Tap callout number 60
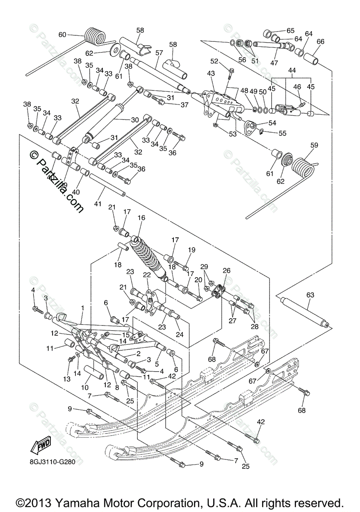62,35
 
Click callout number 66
320,42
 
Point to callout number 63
310,295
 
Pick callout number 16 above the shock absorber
141,218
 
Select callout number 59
314,145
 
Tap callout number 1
82,307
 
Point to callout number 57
159,53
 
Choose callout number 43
211,73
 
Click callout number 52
214,61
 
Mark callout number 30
135,120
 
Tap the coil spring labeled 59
302,166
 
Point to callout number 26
226,270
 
